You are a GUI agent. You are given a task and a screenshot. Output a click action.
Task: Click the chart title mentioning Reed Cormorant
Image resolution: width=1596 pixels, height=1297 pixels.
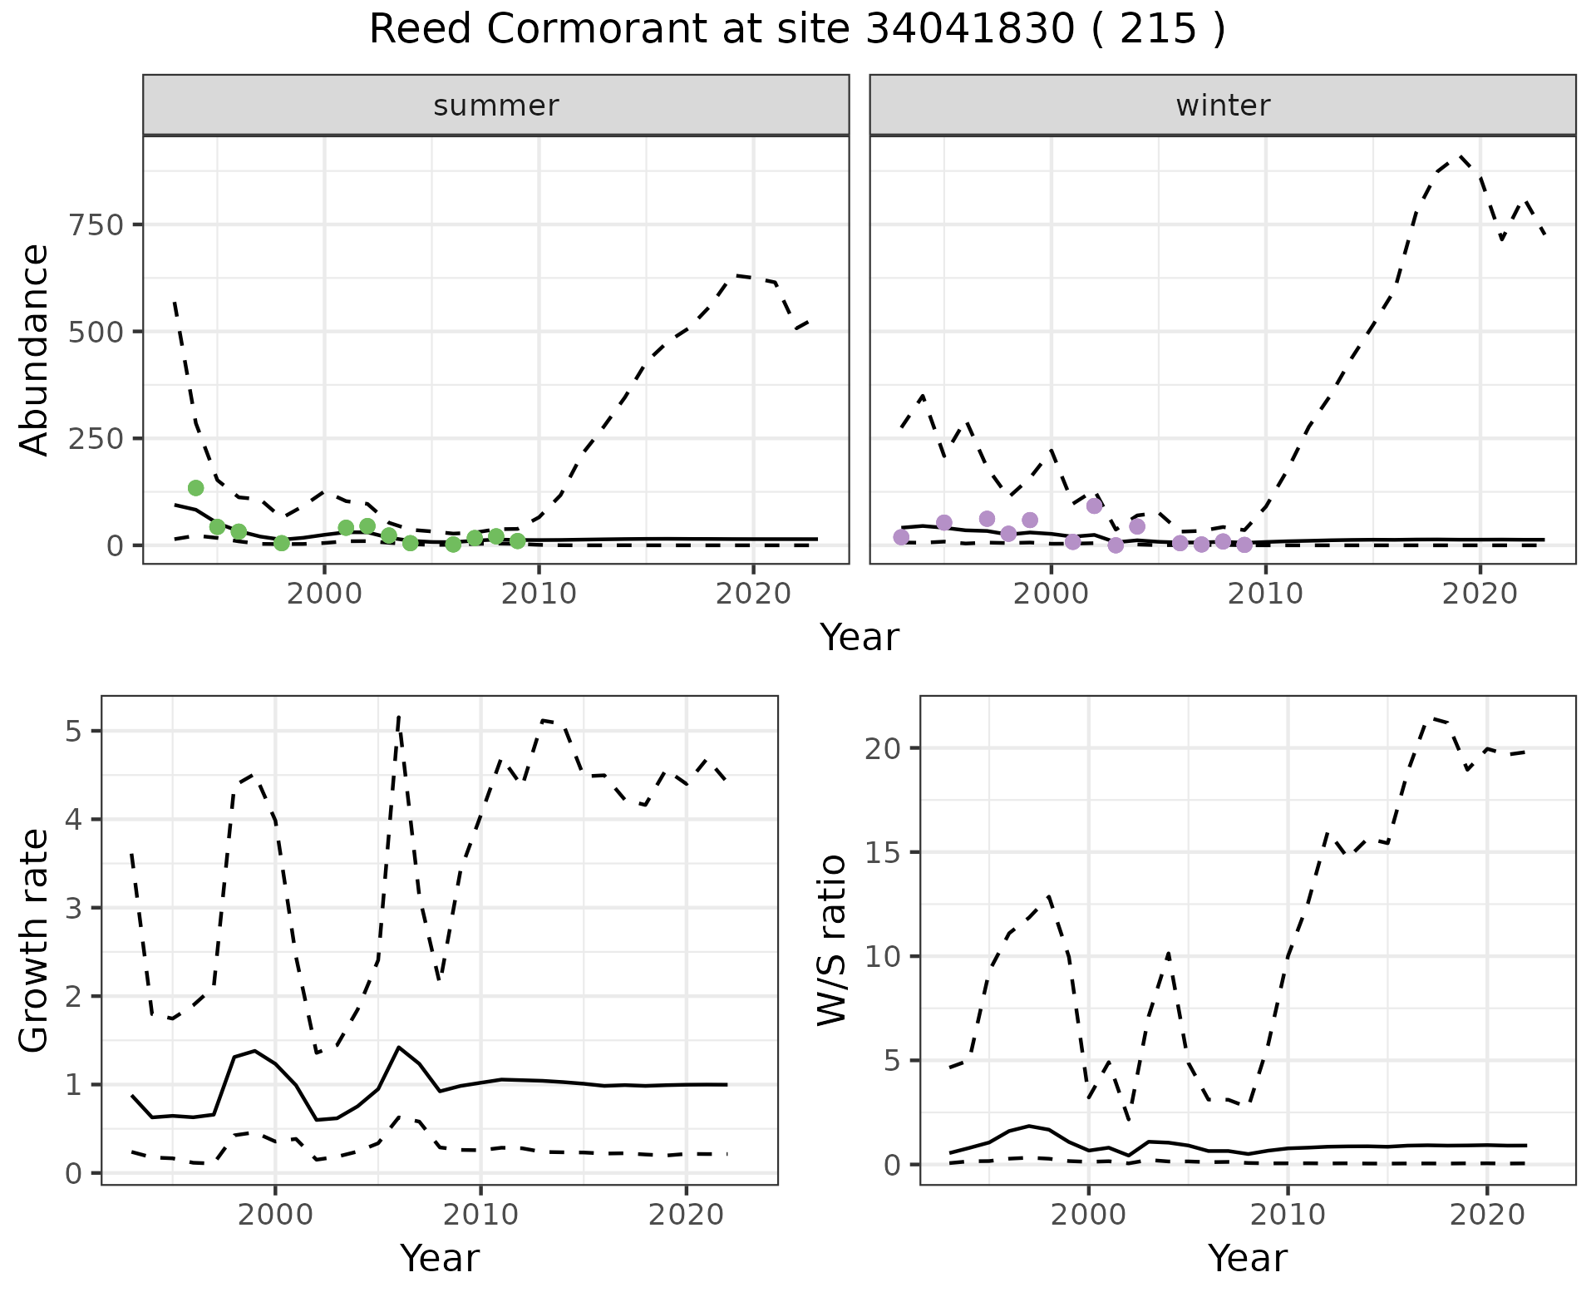[797, 30]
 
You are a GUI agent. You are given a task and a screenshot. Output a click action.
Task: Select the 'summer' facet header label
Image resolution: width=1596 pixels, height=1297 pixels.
[496, 106]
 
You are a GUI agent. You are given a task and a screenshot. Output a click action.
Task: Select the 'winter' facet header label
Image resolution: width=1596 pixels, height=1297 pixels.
[1223, 106]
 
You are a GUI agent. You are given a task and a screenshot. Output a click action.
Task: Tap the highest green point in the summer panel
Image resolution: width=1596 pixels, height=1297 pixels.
[196, 488]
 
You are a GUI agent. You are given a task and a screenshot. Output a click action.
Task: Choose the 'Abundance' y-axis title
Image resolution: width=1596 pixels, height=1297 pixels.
[34, 350]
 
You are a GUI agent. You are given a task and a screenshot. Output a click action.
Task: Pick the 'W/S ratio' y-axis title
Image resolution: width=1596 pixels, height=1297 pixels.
[832, 940]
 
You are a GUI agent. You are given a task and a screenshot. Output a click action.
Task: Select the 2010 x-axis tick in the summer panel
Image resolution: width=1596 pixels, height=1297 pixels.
[539, 594]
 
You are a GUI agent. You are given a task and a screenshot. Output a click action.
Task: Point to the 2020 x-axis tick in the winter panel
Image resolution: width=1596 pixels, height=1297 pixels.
[1480, 594]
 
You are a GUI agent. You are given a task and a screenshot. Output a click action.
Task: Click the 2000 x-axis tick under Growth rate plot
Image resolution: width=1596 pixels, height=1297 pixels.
[275, 1215]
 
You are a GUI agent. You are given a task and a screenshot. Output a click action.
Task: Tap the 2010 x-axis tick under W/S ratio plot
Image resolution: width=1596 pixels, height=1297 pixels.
[1288, 1215]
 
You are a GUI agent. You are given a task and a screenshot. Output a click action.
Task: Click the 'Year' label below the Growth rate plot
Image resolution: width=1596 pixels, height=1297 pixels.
[440, 1258]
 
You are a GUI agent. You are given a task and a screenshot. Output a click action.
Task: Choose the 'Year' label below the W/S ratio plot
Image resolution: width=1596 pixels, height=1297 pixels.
[1248, 1258]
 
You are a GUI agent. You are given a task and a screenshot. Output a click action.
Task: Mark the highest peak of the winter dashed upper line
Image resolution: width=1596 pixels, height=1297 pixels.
[1461, 155]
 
